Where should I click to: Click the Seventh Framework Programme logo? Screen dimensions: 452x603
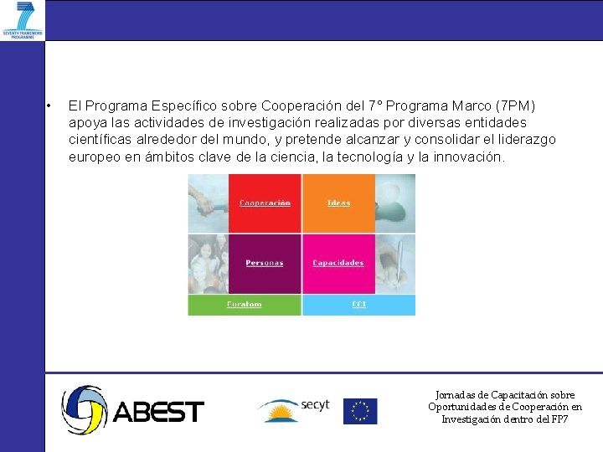coord(23,20)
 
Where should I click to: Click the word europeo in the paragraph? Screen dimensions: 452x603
coord(95,157)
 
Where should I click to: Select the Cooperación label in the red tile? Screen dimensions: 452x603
coord(265,203)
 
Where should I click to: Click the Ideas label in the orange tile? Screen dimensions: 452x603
coord(338,203)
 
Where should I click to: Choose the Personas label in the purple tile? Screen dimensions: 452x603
coord(265,263)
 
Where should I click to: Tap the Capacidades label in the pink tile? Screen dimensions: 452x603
coord(338,263)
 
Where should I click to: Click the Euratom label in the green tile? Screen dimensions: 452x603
coord(245,305)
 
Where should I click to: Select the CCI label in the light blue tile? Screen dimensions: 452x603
coord(358,305)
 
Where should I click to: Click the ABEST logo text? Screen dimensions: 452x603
coord(158,412)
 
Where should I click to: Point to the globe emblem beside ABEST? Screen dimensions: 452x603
coord(84,410)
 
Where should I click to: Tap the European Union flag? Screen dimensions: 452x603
coord(360,411)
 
